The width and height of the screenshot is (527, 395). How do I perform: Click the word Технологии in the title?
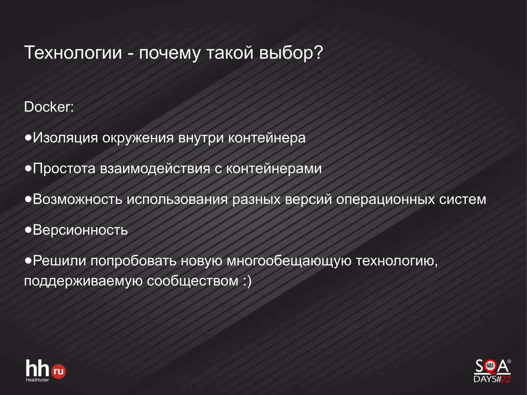(73, 53)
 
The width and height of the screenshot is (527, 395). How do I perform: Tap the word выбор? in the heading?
(291, 53)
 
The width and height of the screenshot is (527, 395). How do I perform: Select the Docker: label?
(49, 107)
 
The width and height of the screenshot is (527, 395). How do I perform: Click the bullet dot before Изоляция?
(28, 138)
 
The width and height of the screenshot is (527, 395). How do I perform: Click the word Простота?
(64, 169)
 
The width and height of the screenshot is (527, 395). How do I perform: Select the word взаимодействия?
(155, 169)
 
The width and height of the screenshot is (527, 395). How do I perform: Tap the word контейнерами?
(274, 169)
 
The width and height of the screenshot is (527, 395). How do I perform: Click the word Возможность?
(77, 199)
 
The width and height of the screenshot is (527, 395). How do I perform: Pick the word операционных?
(385, 199)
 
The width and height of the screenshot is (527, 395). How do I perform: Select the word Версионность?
(80, 230)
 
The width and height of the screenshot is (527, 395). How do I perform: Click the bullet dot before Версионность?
(28, 230)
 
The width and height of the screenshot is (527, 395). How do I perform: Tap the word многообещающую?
(289, 261)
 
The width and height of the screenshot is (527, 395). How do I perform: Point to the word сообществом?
(193, 281)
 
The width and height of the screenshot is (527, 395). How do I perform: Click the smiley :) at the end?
(247, 281)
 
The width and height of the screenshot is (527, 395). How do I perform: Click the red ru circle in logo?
(59, 371)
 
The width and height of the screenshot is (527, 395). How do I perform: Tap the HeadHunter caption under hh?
(37, 380)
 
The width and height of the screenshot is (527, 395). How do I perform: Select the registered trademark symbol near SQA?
(509, 362)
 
